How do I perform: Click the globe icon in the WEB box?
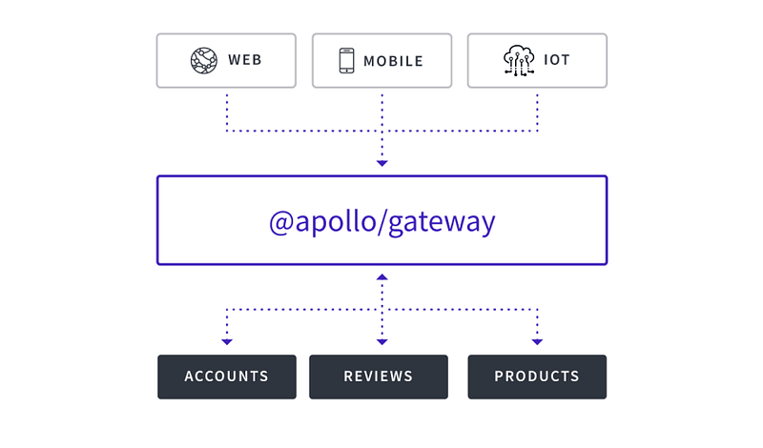click(204, 60)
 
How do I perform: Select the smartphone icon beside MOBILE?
click(346, 60)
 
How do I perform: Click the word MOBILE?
click(393, 60)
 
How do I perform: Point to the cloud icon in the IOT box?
click(519, 60)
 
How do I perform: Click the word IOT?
click(557, 60)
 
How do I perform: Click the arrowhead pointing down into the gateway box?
click(381, 164)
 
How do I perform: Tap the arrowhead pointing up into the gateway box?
click(381, 276)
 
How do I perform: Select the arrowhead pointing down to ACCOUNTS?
click(226, 340)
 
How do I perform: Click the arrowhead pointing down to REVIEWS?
click(381, 340)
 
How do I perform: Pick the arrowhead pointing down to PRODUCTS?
click(537, 340)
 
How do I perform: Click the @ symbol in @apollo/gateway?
click(281, 222)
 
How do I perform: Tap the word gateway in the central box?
click(445, 223)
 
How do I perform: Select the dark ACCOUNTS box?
click(226, 377)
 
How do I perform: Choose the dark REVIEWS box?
click(379, 377)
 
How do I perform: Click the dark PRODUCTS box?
click(537, 377)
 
